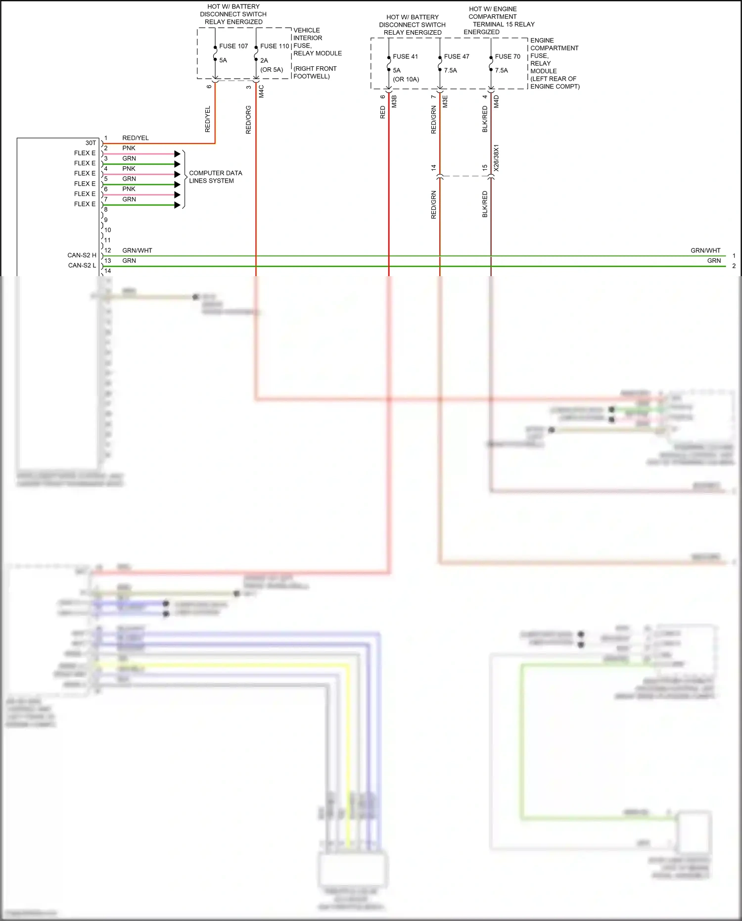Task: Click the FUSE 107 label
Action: (x=233, y=46)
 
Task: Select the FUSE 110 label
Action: (x=275, y=46)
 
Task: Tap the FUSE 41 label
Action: (x=405, y=56)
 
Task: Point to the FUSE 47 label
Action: (x=457, y=56)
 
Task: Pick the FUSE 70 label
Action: (x=508, y=56)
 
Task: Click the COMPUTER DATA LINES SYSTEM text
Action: (x=215, y=177)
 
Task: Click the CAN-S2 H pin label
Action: (x=82, y=255)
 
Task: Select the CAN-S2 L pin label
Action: (x=82, y=266)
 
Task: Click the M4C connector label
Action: (x=261, y=91)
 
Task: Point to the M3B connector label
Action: (x=394, y=101)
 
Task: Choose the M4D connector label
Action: (x=496, y=101)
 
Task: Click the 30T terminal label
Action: (x=91, y=143)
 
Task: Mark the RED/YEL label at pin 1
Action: (x=136, y=138)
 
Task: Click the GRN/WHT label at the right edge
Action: (x=705, y=250)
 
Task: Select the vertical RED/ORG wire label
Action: (x=248, y=120)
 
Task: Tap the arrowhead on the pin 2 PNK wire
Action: (x=178, y=154)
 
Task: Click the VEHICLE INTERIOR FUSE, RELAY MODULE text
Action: (x=317, y=42)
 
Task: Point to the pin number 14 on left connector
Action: (x=107, y=271)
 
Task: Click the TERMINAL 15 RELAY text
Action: (x=504, y=24)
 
